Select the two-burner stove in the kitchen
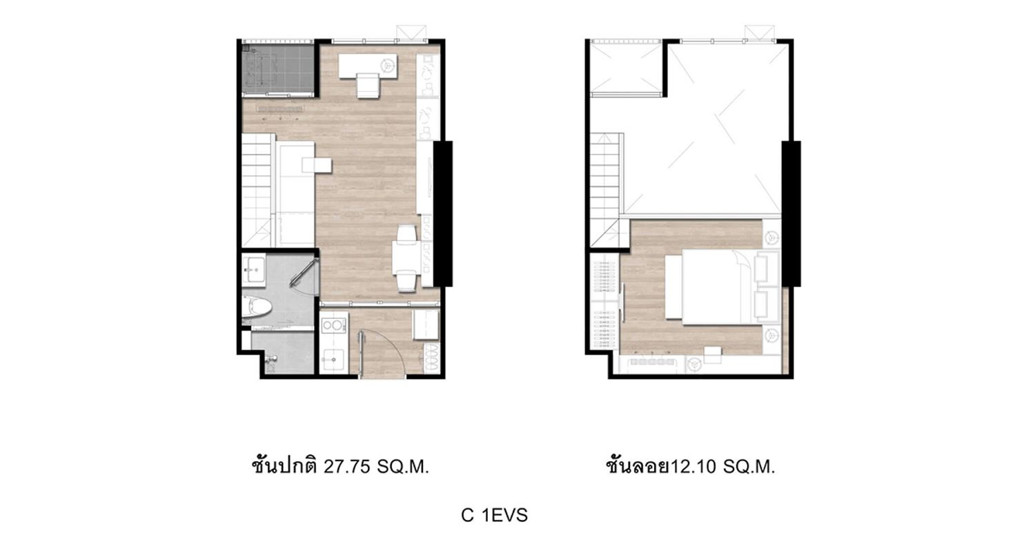[333, 325]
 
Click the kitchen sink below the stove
[333, 359]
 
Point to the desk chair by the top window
[368, 86]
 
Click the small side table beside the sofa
[317, 166]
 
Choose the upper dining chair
[406, 234]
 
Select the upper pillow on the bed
[767, 267]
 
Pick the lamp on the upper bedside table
[771, 238]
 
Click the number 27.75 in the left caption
[347, 467]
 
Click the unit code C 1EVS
[495, 515]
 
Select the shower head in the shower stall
[271, 360]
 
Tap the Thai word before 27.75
[284, 465]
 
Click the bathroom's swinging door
[304, 275]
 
